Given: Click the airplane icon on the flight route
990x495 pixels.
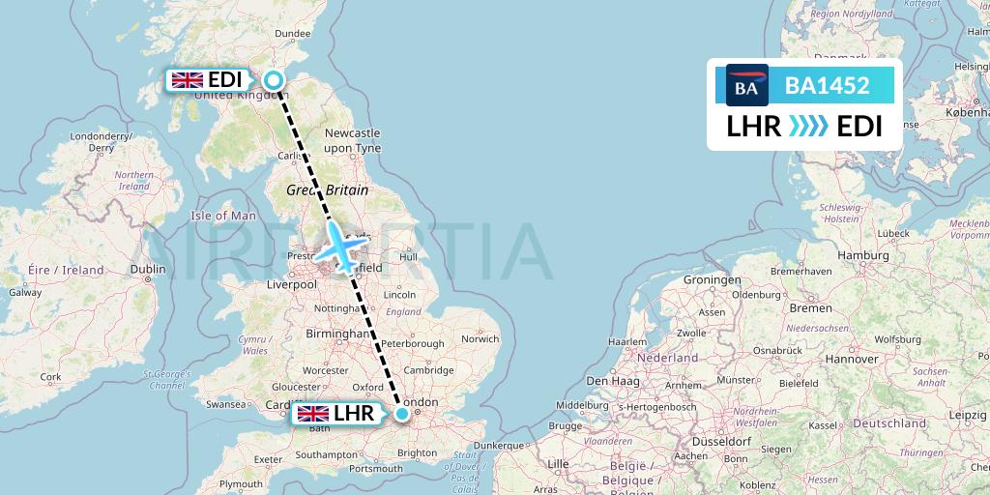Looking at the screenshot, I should pos(338,247).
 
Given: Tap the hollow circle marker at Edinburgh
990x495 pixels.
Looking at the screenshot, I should pos(274,81).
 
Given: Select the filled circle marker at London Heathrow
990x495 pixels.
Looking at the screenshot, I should pos(401,414).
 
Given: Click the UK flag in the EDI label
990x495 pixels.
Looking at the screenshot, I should pos(187,80).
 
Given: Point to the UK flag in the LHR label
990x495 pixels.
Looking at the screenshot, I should pos(312,414).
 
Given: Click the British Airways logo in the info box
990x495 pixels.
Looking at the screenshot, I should pos(746,86).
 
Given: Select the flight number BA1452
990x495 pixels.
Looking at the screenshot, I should pos(827,86).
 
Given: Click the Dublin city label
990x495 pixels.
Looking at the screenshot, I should pos(148,270).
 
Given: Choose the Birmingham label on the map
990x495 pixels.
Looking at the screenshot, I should pos(337,334).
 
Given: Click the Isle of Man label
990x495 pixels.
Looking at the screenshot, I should pos(223,216).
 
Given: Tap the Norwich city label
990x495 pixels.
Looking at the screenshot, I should pos(480,339).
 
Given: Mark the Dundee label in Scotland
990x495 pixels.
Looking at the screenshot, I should pos(292,34).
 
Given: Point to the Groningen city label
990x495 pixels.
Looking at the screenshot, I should pos(711,280).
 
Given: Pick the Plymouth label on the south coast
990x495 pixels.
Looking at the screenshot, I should pos(241,484).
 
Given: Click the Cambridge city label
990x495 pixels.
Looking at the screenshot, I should pos(430,369).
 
